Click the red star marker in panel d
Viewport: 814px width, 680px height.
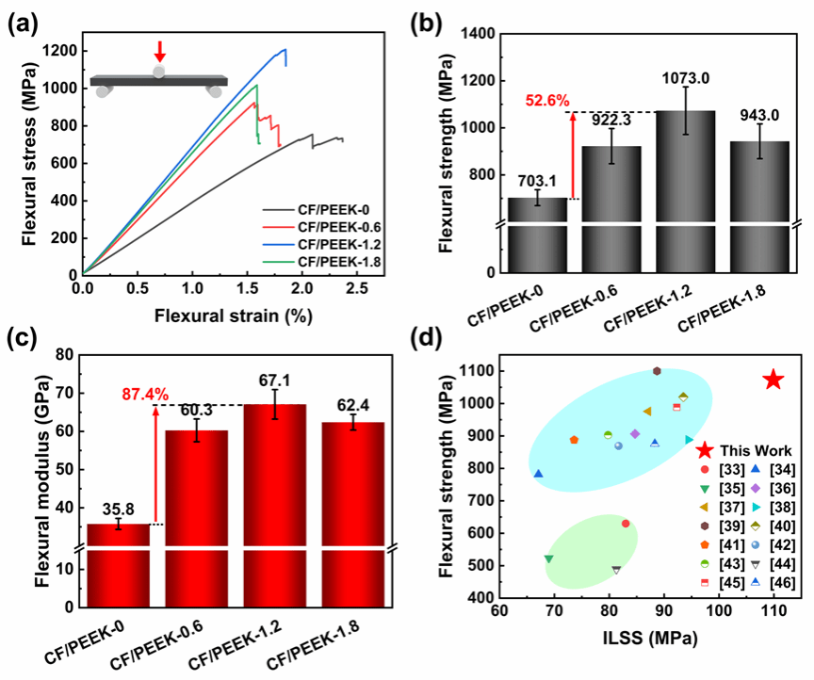coord(773,380)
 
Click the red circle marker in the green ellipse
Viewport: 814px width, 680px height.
coord(626,524)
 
